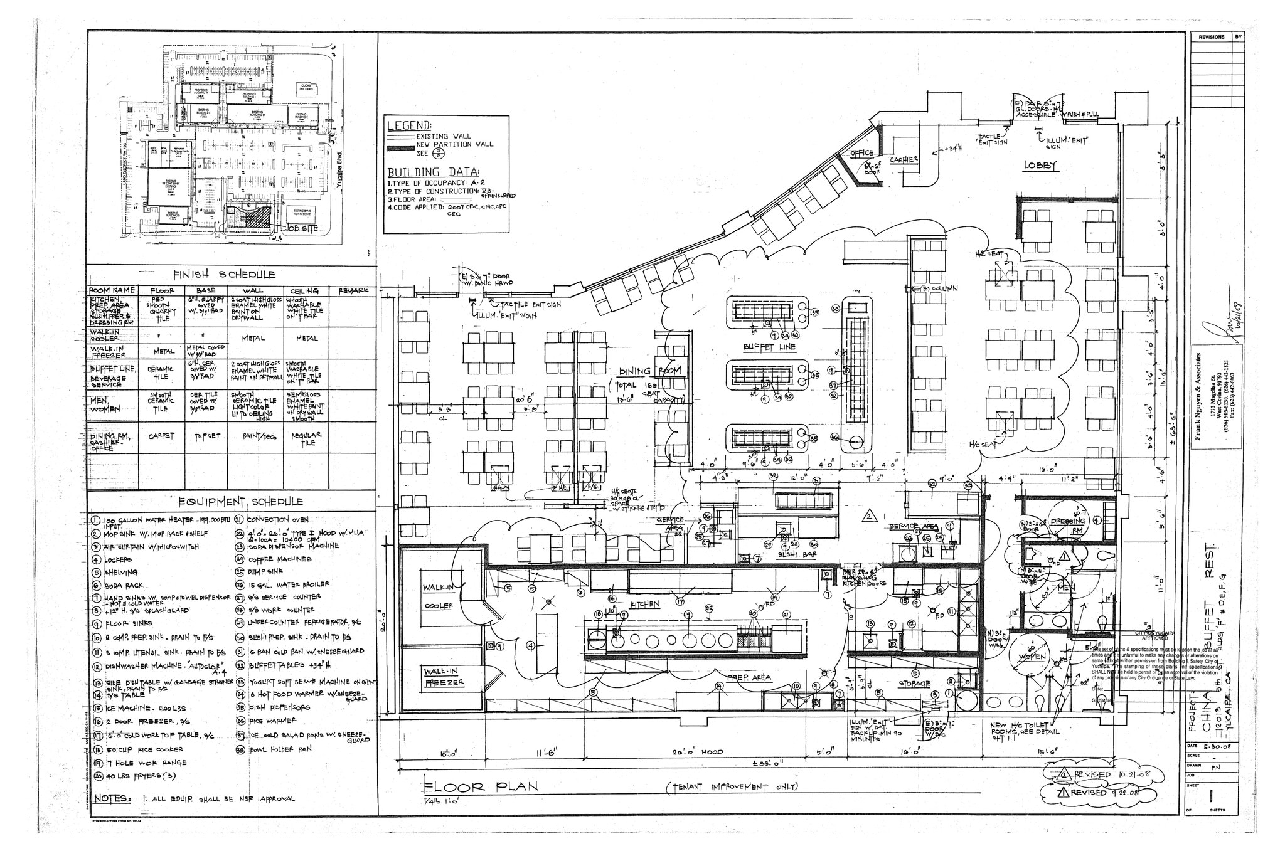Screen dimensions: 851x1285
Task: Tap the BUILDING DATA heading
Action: tap(433, 172)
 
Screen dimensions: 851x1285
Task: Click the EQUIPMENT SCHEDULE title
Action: tap(240, 502)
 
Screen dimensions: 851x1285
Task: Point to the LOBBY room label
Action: tap(1041, 166)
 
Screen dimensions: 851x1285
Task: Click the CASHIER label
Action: tap(904, 160)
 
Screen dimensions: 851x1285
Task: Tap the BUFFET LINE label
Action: tap(769, 347)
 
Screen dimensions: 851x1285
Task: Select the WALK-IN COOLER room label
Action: tap(439, 596)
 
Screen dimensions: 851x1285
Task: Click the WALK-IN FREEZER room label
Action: tap(444, 677)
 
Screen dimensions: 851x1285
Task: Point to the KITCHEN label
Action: tap(644, 603)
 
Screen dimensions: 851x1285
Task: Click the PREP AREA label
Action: tap(749, 678)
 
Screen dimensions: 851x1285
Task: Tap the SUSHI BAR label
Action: tap(793, 556)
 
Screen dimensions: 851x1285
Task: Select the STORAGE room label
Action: tap(914, 684)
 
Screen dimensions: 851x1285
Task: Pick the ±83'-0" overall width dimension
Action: tap(769, 763)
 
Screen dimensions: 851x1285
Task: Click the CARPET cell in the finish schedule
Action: tap(161, 435)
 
